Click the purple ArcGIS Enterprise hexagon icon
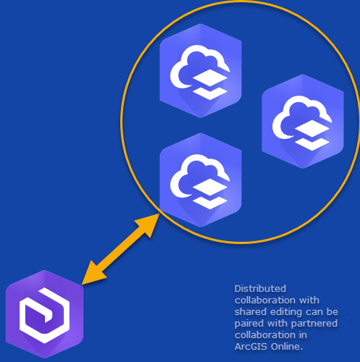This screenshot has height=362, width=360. tap(44, 314)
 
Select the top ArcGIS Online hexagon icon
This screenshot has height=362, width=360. tap(201, 71)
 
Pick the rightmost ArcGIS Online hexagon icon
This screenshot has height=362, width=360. tap(303, 122)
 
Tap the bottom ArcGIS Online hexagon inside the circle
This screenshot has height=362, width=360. tap(201, 180)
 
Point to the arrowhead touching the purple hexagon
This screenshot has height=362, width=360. tap(93, 273)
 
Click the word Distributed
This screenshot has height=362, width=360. tap(260, 289)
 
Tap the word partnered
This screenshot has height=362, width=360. tap(314, 324)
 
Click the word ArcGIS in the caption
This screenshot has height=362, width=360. tap(251, 347)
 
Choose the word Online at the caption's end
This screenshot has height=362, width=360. tap(287, 347)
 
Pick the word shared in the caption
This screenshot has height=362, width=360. tap(251, 312)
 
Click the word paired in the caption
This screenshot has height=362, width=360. tap(249, 324)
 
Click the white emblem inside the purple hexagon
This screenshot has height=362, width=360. tap(44, 316)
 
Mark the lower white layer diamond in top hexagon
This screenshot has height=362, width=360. tap(210, 93)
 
